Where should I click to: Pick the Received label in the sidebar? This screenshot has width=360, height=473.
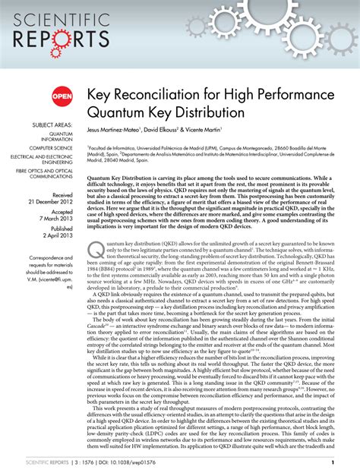[x=62, y=195]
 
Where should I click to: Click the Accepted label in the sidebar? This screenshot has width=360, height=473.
[x=61, y=216]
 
